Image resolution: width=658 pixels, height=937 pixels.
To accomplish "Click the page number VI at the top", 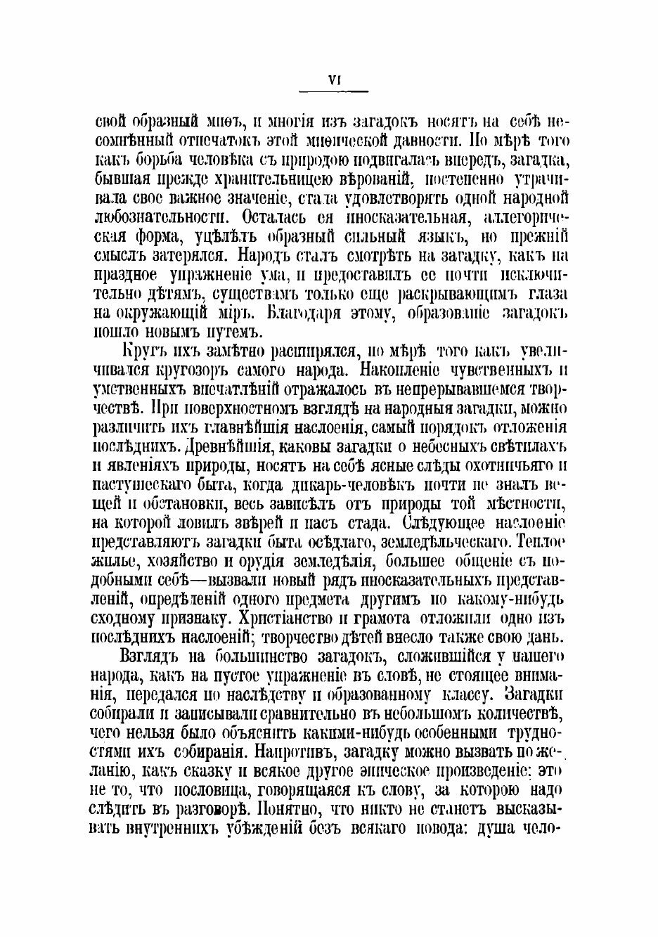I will coord(334,80).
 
